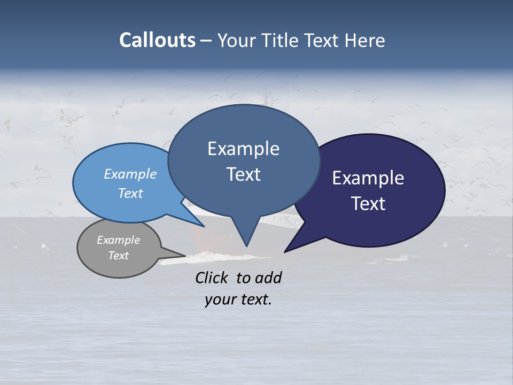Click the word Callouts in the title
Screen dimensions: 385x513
click(x=157, y=40)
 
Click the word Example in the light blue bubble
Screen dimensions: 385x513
click(x=130, y=174)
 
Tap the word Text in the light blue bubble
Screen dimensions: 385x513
click(x=130, y=193)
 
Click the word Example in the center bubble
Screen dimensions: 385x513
click(x=243, y=149)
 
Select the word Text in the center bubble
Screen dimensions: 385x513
click(x=243, y=174)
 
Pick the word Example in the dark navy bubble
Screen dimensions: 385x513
click(x=368, y=178)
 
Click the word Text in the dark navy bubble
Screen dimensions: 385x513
click(x=368, y=204)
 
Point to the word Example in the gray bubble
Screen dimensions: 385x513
click(x=118, y=240)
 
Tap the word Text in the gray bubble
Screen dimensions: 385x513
click(x=118, y=256)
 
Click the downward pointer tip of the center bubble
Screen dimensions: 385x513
click(x=246, y=246)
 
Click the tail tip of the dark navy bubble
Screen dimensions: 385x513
click(x=284, y=252)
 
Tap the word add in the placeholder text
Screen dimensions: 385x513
click(x=268, y=278)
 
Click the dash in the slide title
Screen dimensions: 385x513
click(x=207, y=40)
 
